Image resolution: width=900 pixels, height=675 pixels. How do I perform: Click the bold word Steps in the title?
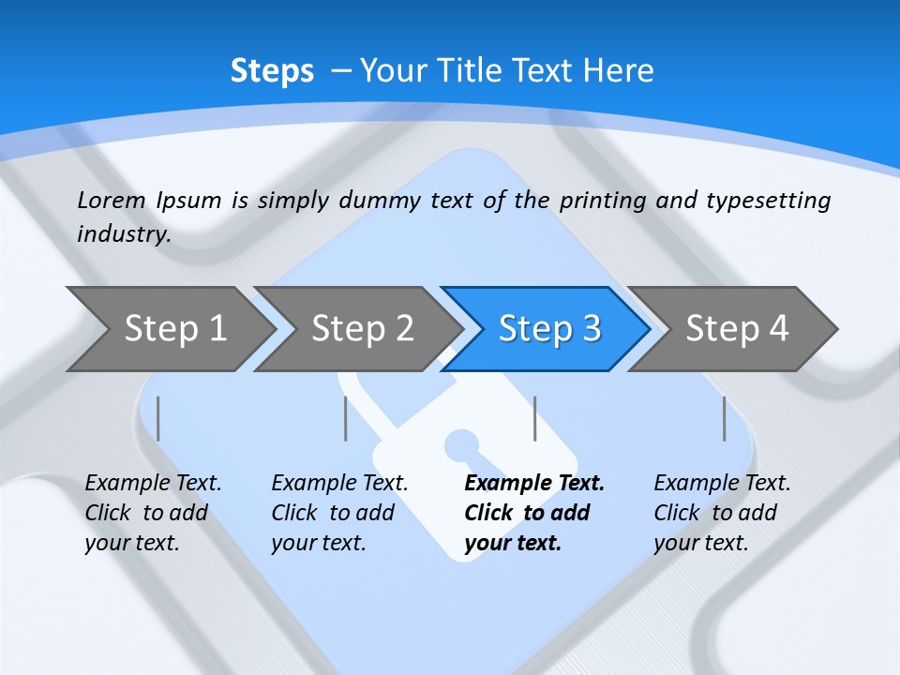click(x=272, y=71)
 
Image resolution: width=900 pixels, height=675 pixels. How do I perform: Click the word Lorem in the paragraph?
click(x=112, y=200)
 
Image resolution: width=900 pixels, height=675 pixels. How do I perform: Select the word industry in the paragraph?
click(x=123, y=234)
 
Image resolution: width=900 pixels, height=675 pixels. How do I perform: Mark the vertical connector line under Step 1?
click(x=158, y=418)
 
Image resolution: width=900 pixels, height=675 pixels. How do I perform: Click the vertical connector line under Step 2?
click(x=346, y=418)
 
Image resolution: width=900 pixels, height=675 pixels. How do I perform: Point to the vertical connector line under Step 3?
click(x=534, y=418)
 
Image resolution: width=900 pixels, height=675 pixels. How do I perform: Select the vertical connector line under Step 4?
click(x=724, y=418)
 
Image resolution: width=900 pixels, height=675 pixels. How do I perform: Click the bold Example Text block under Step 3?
click(x=532, y=513)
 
